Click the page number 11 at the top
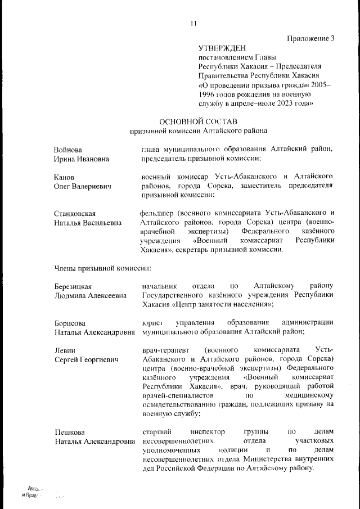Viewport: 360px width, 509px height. tap(193, 23)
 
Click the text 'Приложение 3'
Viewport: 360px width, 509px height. tap(310, 39)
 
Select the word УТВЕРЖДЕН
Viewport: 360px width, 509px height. tap(222, 48)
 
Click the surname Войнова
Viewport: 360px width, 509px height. tap(68, 150)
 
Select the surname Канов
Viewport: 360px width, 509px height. tap(65, 177)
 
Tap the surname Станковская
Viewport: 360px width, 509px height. tap(75, 213)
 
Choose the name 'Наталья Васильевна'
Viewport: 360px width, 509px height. tap(88, 223)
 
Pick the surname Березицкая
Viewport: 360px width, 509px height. tap(73, 286)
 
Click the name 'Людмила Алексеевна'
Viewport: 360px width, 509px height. tap(90, 296)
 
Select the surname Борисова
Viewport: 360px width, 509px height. tap(70, 323)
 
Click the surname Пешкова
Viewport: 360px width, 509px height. tap(69, 432)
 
